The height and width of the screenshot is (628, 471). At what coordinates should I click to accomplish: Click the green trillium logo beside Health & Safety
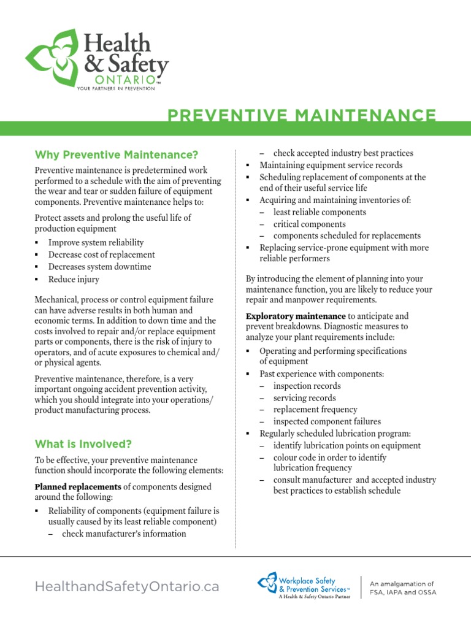(x=52, y=57)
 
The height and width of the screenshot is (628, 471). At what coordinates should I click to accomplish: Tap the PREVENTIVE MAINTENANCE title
(x=302, y=115)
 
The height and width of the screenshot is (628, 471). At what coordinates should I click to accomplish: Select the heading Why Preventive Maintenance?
(x=116, y=154)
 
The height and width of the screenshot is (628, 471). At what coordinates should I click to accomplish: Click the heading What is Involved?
(x=83, y=443)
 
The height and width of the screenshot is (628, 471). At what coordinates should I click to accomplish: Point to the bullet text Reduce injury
(x=74, y=279)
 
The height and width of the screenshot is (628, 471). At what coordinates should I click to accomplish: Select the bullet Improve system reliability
(x=96, y=242)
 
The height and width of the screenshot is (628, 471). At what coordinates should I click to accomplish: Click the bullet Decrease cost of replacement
(x=101, y=255)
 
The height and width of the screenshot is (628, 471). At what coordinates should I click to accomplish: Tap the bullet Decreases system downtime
(x=99, y=267)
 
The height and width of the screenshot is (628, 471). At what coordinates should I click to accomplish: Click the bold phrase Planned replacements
(x=78, y=486)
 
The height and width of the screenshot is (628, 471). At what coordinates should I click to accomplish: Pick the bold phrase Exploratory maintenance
(x=296, y=316)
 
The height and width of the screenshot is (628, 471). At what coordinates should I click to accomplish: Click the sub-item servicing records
(x=304, y=397)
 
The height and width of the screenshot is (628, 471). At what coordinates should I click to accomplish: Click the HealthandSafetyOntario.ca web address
(x=126, y=586)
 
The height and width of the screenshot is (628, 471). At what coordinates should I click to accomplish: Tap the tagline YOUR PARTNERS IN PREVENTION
(x=115, y=89)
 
